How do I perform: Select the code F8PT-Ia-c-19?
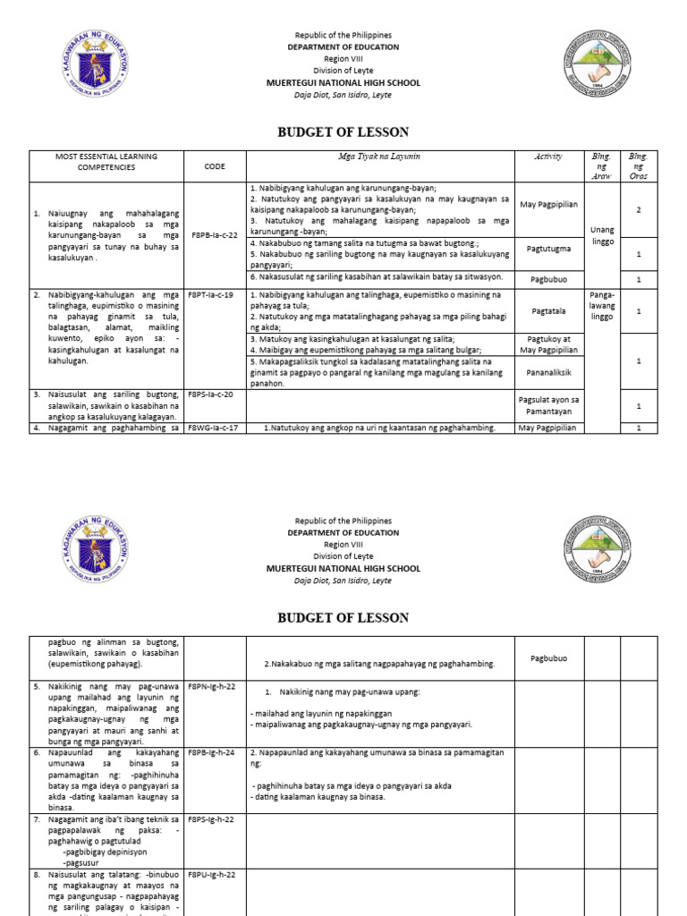pos(215,294)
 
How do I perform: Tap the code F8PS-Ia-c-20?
pos(215,394)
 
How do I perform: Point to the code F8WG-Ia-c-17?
pos(215,428)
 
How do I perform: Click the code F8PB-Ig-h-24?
pos(215,752)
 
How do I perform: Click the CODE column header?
pos(215,166)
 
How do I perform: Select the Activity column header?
pos(548,157)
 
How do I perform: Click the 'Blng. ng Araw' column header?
pos(600,165)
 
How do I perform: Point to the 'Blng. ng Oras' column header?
pos(638,165)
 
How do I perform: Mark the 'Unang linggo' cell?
pos(601,235)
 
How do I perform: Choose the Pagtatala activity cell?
pos(548,311)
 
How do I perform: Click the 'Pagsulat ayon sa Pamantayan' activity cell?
pos(548,405)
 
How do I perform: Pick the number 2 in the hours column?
pos(638,209)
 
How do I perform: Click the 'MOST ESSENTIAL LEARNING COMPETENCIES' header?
pos(106,161)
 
